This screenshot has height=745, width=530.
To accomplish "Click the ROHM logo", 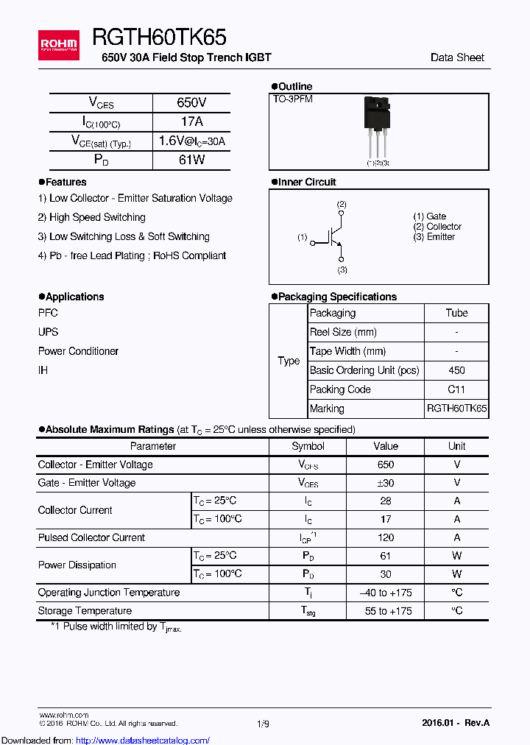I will pos(58,46).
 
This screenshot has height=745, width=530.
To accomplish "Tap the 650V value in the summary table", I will pos(191,103).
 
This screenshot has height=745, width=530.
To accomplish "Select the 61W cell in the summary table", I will pos(191,160).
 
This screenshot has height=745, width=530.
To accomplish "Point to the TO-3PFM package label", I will pos(293,99).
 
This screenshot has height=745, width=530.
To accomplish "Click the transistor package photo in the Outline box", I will pos(377,129).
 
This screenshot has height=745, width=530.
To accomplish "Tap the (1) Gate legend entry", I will pos(430,216).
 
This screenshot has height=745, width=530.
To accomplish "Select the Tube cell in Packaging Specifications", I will pos(456,313).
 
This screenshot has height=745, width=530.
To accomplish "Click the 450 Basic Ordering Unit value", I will pos(456,370).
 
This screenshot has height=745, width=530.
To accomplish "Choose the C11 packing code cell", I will pos(456,389).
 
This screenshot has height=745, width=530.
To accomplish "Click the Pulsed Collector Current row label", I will pos(91,537).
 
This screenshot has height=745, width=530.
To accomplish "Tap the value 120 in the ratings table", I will pos(385,537).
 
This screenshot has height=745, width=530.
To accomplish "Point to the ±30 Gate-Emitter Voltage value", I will pos(385,483).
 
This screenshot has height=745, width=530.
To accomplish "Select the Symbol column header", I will pos(308,446).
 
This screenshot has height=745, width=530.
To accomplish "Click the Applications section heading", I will pos(71,297).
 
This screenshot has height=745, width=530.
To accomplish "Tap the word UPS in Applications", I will pos(48,332).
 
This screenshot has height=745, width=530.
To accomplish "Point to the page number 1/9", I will pos(264,724).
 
